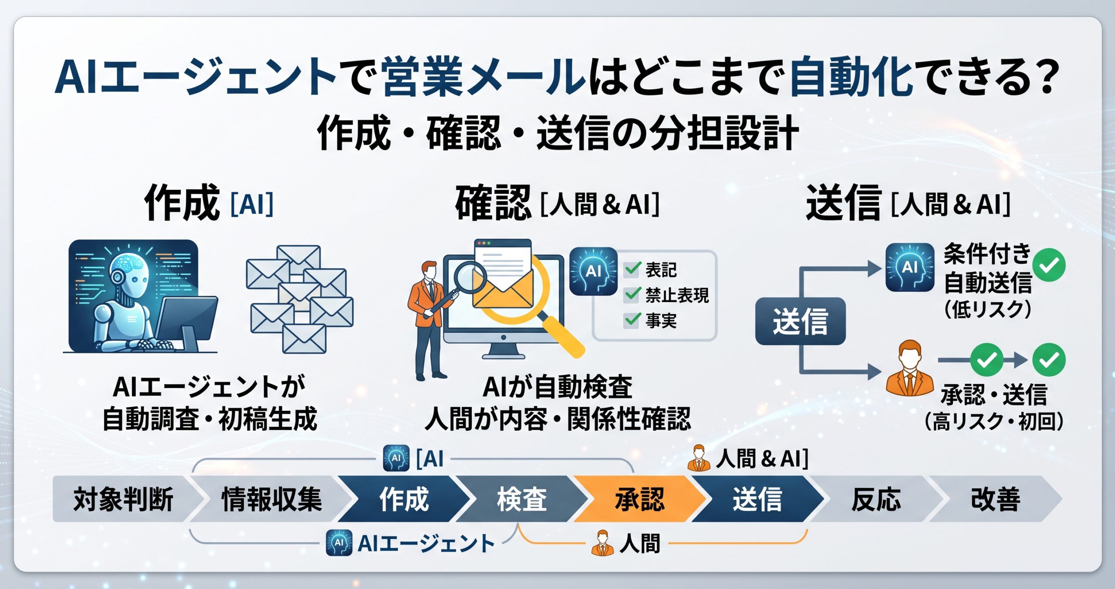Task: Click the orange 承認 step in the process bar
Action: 639,499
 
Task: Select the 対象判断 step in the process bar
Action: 123,499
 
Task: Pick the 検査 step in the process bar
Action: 522,499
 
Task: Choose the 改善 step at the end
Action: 996,499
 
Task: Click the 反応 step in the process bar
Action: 876,499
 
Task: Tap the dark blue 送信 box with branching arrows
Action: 800,321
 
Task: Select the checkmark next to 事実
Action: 632,320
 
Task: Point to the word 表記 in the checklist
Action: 661,270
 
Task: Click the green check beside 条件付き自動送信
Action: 1049,265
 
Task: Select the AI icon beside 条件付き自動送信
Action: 910,267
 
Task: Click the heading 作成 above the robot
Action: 182,203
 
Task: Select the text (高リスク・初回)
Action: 994,421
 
